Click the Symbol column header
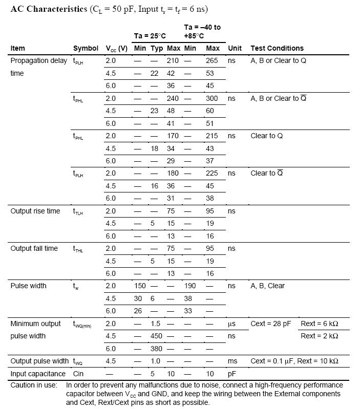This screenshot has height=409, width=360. point(86,48)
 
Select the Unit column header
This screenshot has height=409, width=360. point(235,48)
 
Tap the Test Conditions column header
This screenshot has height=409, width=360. point(277,48)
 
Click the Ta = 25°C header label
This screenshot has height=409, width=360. point(150,35)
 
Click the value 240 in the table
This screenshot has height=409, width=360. point(173,98)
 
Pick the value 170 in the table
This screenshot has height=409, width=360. point(173,136)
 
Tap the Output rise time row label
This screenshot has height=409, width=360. point(35,211)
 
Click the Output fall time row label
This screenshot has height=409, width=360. point(34,248)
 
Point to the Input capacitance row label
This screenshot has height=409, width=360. point(38,374)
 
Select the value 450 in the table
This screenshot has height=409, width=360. point(156,336)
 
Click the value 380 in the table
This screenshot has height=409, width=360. point(156,349)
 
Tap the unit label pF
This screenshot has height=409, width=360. point(232,374)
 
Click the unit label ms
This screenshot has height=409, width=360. point(232,361)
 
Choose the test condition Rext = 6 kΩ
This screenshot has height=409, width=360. point(319,324)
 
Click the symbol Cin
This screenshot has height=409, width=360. point(78,374)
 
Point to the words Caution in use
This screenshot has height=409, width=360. point(34,385)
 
